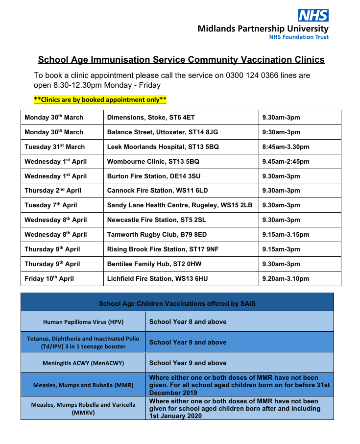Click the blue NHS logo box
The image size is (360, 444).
pos(314,15)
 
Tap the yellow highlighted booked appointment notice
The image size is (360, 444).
pos(100,100)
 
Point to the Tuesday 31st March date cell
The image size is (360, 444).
pos(55,147)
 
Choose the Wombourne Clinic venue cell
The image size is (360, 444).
pos(153,162)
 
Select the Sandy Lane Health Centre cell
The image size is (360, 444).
pos(180,205)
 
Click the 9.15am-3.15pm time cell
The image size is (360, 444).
pos(286,235)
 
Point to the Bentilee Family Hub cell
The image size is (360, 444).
pos(154,264)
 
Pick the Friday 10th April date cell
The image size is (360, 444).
pos(49,279)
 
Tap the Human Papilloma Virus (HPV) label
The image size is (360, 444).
pos(83,322)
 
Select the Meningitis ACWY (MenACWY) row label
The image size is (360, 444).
pos(83,363)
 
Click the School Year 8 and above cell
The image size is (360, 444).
pos(188,322)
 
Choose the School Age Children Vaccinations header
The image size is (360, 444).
pos(177,303)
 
